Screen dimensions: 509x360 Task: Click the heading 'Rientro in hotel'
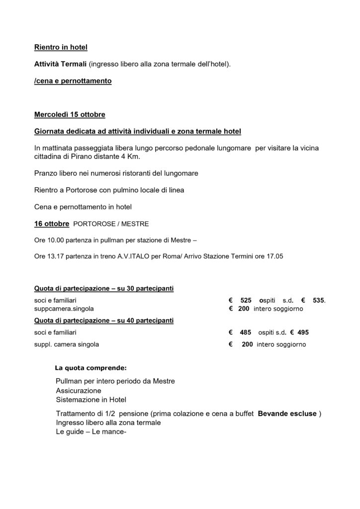[x=60, y=48]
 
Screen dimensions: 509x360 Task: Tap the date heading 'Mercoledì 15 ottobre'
[x=70, y=115]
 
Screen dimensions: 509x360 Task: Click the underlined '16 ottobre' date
[x=52, y=224]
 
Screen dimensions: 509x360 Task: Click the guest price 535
[x=318, y=300]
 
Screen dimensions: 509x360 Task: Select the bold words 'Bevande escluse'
[x=287, y=414]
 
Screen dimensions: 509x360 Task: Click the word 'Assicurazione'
[x=78, y=391]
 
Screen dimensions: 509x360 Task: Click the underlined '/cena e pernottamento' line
[x=73, y=81]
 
